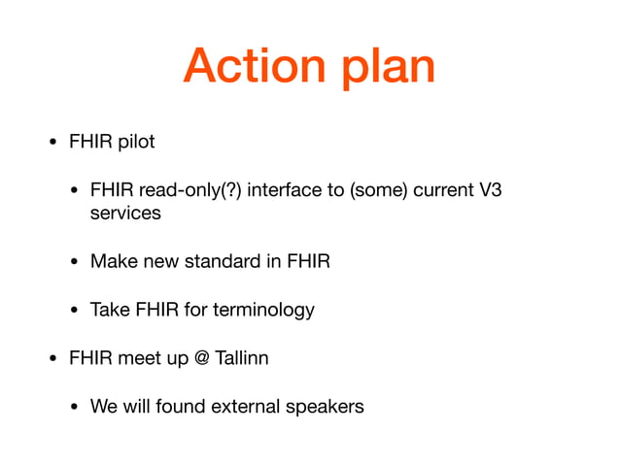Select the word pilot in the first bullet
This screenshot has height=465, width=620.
[x=135, y=142]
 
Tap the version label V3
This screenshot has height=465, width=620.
[x=491, y=190]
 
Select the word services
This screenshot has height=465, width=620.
[x=125, y=213]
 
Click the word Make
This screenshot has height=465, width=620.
[x=111, y=261]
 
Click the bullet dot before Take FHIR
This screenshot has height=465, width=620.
[x=75, y=311]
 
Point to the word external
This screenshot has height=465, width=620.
[x=239, y=406]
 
